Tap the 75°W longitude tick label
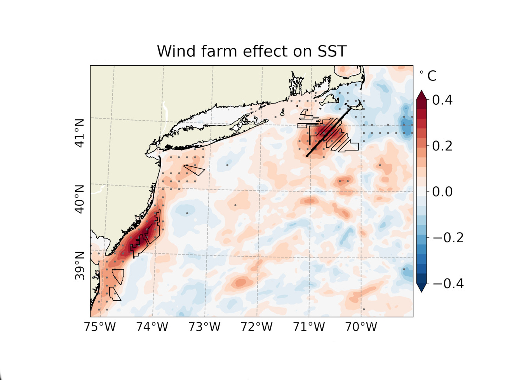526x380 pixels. click(x=100, y=327)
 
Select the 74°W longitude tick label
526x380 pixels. click(x=152, y=327)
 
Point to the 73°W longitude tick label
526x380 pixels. click(x=204, y=327)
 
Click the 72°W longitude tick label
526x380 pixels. click(x=256, y=327)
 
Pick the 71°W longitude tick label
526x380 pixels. click(x=309, y=327)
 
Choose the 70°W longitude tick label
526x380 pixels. click(x=361, y=327)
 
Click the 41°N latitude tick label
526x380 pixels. click(x=80, y=133)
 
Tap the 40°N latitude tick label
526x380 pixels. click(x=80, y=199)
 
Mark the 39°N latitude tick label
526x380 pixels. click(x=80, y=266)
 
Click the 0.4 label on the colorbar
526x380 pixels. click(x=442, y=100)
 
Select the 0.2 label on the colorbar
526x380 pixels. click(x=442, y=146)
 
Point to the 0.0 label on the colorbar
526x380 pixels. click(x=442, y=192)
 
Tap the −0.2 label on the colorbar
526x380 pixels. click(x=448, y=238)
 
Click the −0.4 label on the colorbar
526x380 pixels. click(x=448, y=284)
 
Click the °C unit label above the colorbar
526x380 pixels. click(x=428, y=76)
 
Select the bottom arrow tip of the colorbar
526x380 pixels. click(x=421, y=291)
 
